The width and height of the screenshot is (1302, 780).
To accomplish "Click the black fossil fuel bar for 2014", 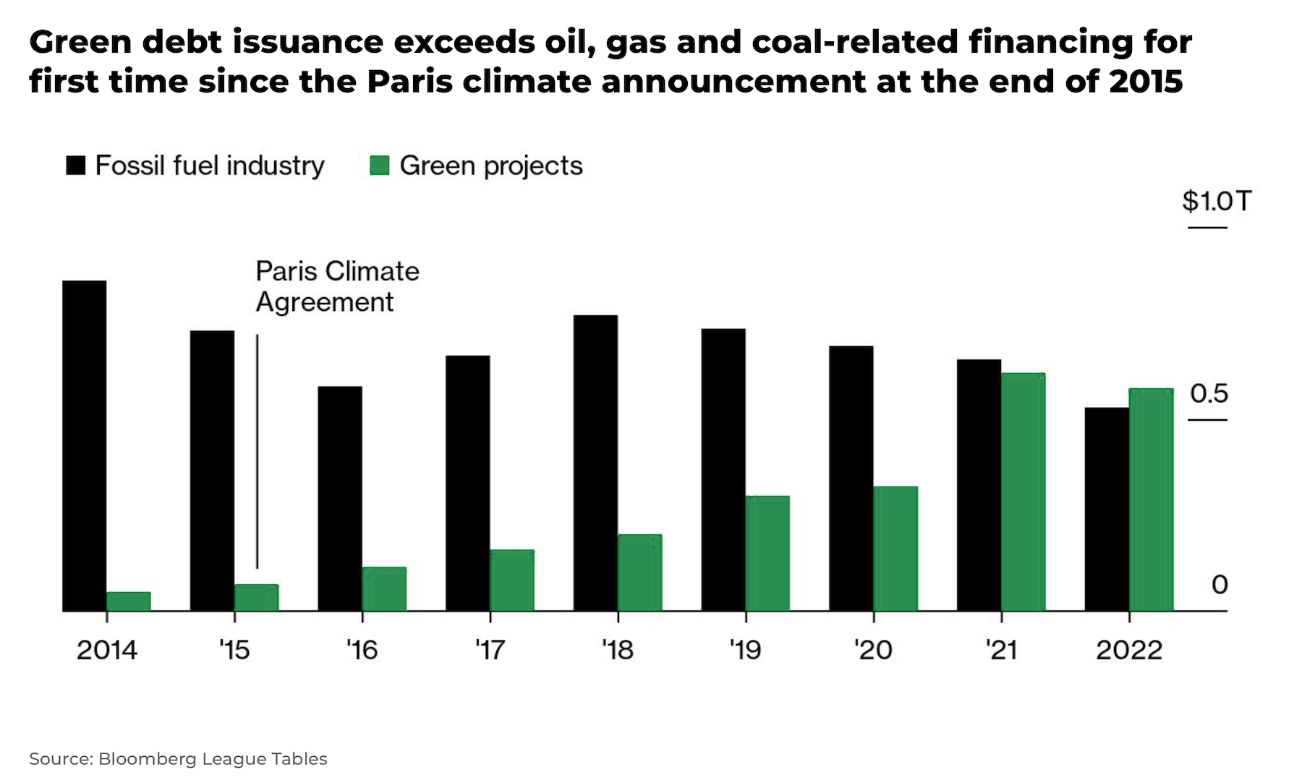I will click(85, 445).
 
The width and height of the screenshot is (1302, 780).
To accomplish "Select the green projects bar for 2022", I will click(1151, 500).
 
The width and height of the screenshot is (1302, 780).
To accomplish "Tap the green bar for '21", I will click(1023, 492).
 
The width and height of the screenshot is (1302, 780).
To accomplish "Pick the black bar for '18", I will click(595, 463).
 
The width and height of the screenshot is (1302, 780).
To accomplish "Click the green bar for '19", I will click(767, 553).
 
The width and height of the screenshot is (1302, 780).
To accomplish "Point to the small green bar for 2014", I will click(129, 601).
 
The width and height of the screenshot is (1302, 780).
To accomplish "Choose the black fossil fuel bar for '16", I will click(340, 499).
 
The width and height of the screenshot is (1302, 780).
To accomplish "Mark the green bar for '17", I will click(512, 580).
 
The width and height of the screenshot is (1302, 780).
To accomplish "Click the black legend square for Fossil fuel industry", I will click(76, 166).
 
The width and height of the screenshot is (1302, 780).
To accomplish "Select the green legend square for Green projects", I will click(380, 166).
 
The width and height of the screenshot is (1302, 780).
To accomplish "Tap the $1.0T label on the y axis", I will click(1216, 201).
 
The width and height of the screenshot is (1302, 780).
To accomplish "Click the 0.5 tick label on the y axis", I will click(1209, 394).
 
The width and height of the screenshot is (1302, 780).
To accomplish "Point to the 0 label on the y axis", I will click(1220, 585).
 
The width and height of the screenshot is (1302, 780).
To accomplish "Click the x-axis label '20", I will click(873, 650).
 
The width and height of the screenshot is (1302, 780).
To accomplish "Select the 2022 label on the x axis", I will click(1128, 650).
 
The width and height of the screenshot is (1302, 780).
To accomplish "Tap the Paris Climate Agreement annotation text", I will click(337, 286).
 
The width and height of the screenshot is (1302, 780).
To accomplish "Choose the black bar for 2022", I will click(1107, 509).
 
